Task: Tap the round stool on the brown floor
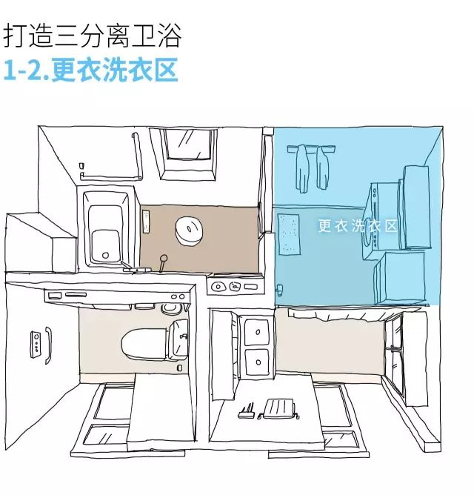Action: point(190,230)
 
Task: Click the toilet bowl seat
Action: point(136,345)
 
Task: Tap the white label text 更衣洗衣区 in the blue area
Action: point(358,226)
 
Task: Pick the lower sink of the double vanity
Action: point(256,364)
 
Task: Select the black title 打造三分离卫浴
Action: point(93,34)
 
